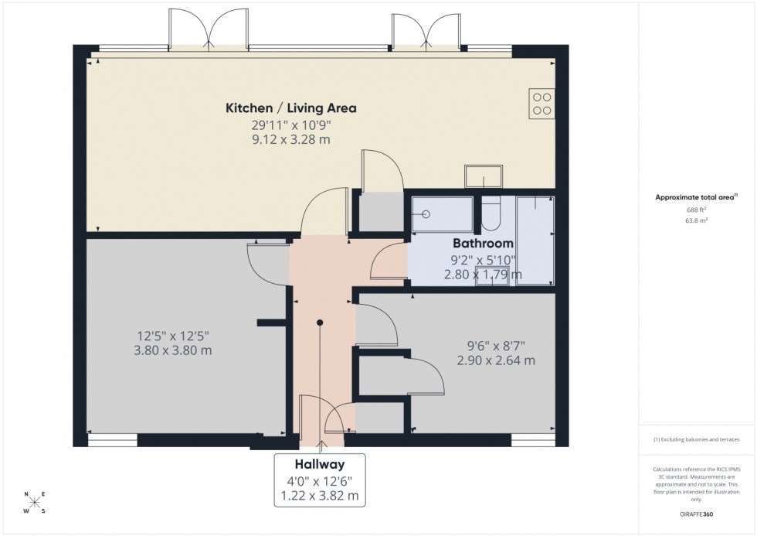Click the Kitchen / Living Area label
coord(290,108)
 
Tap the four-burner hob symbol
coord(541,104)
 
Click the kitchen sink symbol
coord(483,176)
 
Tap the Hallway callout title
coord(319,464)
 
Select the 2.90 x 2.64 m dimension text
coord(496,360)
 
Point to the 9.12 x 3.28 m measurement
coord(290,139)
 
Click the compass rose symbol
coord(34,503)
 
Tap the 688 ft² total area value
coord(681,209)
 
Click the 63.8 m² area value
coord(681,220)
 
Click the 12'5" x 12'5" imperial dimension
coord(174,336)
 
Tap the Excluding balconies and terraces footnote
coord(696,439)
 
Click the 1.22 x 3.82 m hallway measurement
coord(319,495)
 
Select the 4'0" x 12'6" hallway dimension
coord(319,480)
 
